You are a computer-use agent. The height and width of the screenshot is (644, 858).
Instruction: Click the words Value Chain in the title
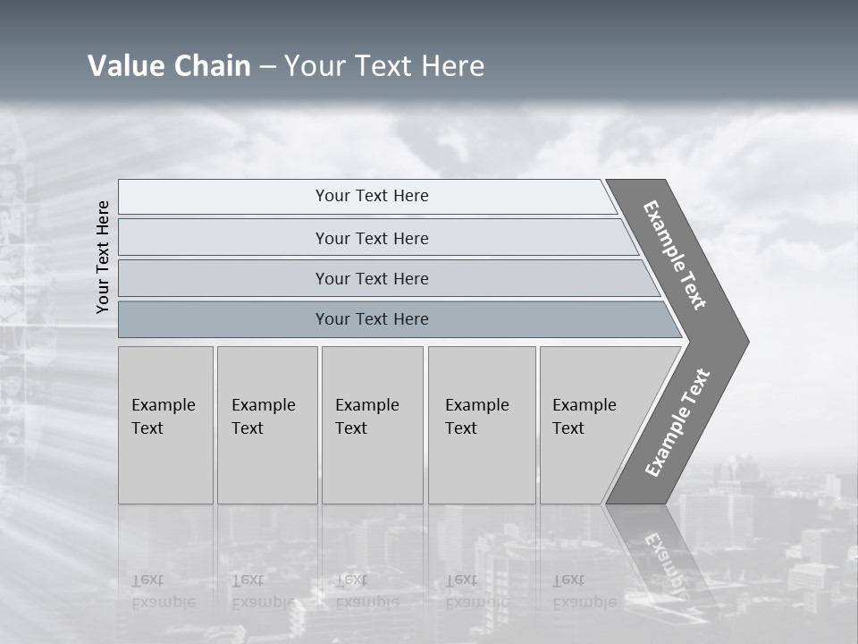coord(169,65)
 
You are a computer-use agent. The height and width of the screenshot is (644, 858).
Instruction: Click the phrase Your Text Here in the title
coord(384,65)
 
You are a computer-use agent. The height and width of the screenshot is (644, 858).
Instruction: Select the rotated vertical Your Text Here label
coord(103,257)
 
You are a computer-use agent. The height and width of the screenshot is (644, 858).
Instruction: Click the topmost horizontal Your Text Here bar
coord(371,196)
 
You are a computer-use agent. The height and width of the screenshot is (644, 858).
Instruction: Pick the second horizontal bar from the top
coord(371,238)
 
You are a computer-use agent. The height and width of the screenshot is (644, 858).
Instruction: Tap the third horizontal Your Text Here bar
coord(371,278)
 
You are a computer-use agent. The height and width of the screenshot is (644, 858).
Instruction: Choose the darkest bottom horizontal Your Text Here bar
coord(371,319)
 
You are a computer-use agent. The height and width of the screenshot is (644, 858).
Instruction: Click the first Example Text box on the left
coord(165,425)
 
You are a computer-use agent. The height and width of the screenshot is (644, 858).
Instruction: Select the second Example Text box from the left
coord(266,425)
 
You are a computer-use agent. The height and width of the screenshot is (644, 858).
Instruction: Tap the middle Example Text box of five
coord(372,425)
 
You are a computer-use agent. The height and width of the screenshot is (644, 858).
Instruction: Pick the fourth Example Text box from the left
coord(481,425)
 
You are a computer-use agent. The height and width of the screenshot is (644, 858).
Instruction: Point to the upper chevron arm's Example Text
coord(675,256)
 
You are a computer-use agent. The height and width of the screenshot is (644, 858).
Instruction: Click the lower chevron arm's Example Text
coord(677,423)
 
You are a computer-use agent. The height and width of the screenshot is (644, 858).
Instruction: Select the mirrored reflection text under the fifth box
coord(584,591)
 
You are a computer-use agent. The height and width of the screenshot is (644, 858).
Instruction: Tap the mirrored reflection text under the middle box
coord(366,591)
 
